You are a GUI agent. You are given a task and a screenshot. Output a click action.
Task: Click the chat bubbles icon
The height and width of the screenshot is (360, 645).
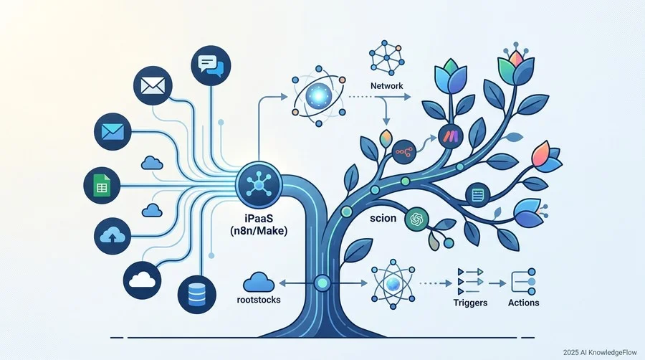[211, 65]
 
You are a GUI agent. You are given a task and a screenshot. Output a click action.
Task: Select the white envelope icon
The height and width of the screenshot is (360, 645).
[153, 86]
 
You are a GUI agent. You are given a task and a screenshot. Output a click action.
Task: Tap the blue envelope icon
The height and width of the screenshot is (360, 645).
[113, 132]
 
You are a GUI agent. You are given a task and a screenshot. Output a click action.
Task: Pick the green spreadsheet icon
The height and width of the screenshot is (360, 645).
[102, 186]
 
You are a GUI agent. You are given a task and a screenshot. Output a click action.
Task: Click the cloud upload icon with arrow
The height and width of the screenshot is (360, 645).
[113, 236]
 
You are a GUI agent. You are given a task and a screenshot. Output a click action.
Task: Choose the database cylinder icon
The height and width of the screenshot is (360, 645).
[196, 295]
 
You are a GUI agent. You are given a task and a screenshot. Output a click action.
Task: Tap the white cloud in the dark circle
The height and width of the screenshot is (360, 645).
[143, 280]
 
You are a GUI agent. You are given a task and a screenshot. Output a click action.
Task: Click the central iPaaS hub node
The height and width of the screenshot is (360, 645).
[259, 185]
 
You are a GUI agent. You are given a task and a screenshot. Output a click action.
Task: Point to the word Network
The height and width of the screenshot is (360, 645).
[387, 86]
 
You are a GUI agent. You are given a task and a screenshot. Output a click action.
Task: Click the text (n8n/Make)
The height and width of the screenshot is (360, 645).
[259, 231]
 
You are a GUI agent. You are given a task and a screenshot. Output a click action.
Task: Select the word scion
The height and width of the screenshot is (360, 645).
[383, 218]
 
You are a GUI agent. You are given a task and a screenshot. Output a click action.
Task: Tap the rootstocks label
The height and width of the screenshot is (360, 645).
[259, 300]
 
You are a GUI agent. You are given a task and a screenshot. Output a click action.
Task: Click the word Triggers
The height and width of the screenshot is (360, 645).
[470, 303]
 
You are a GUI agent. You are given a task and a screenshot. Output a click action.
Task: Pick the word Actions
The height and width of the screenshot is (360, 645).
[523, 303]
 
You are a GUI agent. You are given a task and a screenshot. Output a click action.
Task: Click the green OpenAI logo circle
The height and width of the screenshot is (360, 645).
[416, 219]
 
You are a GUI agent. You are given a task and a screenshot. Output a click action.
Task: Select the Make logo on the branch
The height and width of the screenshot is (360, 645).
[451, 136]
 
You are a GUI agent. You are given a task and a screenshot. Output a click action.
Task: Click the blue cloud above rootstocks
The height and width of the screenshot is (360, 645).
[259, 282]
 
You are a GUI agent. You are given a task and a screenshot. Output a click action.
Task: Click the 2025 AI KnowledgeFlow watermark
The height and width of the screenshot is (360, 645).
[600, 353]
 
